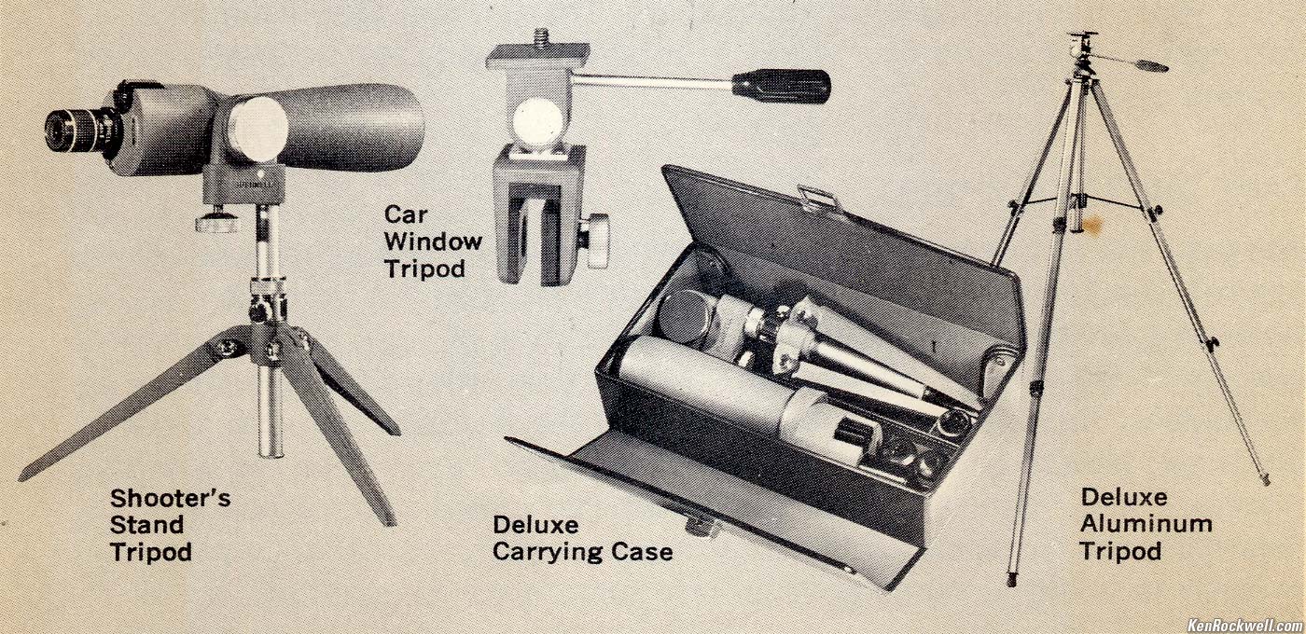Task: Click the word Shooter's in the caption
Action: [170, 499]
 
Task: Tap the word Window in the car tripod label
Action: [433, 241]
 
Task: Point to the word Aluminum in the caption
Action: [1146, 524]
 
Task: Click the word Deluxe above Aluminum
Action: [1124, 497]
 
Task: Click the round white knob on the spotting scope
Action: [257, 130]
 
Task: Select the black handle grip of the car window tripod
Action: [782, 87]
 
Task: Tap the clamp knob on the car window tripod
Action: [596, 241]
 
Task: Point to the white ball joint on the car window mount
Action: [537, 124]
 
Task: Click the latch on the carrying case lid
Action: [819, 198]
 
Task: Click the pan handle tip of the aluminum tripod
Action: [1151, 66]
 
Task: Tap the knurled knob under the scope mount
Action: [217, 222]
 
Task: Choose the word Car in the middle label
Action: [407, 214]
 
